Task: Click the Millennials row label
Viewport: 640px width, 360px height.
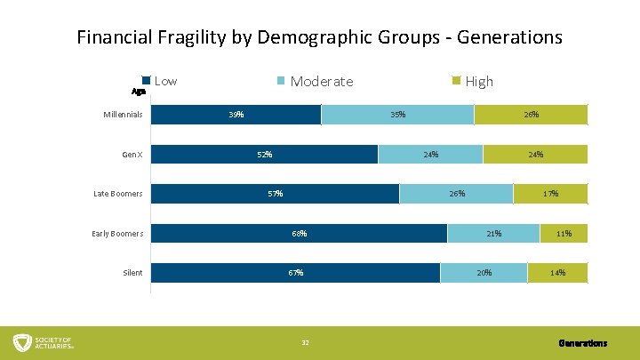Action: coord(122,115)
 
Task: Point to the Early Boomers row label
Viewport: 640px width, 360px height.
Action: coord(117,234)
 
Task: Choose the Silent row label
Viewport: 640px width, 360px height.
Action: coord(132,273)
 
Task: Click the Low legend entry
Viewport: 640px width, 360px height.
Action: coord(160,81)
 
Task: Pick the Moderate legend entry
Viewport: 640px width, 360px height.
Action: coord(315,81)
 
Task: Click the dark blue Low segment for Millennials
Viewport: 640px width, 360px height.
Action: coord(236,115)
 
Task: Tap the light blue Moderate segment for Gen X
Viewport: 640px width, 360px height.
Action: coord(430,155)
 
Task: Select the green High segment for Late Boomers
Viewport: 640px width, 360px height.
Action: coord(550,194)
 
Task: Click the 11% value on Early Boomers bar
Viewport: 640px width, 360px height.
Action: coord(564,234)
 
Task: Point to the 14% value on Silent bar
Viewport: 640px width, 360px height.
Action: coord(557,273)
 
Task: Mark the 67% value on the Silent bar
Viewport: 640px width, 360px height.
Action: coord(295,273)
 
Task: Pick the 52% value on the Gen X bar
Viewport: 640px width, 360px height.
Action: coord(264,155)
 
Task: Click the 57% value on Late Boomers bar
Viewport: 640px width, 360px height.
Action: coord(275,194)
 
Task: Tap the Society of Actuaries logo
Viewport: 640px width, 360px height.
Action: coord(43,342)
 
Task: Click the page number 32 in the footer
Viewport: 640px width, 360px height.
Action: coord(305,343)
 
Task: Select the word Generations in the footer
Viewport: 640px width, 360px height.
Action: coord(582,343)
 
